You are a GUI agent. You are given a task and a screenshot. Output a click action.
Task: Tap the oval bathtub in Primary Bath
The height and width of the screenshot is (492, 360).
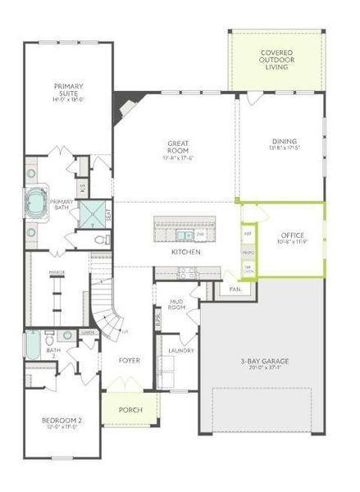38,203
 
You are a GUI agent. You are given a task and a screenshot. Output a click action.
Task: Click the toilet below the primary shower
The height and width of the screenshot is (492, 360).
99,240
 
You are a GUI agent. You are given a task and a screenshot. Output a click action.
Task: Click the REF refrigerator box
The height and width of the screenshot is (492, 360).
248,234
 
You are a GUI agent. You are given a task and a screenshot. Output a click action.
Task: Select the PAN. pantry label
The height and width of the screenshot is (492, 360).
235,289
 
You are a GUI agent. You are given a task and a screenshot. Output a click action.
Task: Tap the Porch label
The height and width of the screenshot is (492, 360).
125,410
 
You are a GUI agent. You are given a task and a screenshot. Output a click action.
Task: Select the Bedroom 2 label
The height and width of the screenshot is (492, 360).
62,424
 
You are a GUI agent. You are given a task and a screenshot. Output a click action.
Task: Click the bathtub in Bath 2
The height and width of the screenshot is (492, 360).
32,346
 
